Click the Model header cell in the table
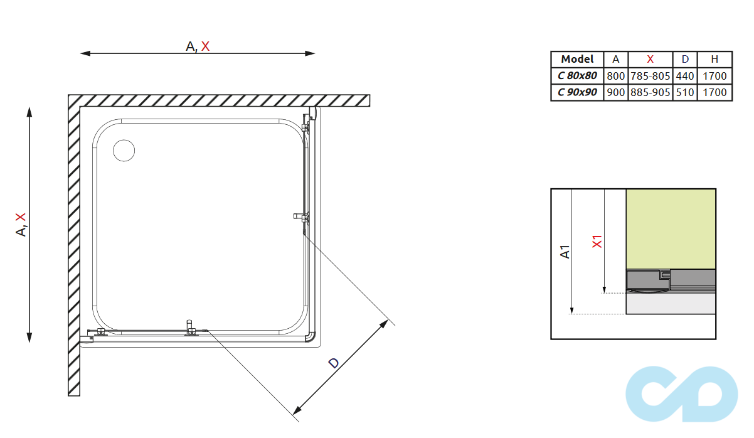tap(577, 59)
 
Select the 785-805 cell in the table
tap(650, 76)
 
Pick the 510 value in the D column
tap(685, 92)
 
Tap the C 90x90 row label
tap(577, 92)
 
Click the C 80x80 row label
tap(577, 76)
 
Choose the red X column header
tap(650, 59)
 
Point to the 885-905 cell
tap(650, 92)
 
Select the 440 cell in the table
tap(685, 76)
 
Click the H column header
tap(714, 59)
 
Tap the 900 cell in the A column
tap(616, 92)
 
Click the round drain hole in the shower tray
tap(124, 151)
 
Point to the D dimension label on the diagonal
tap(334, 363)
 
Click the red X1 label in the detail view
tap(597, 241)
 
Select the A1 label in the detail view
tap(565, 251)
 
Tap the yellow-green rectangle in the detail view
tap(671, 228)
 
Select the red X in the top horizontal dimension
tap(206, 46)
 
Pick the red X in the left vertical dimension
tap(21, 217)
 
